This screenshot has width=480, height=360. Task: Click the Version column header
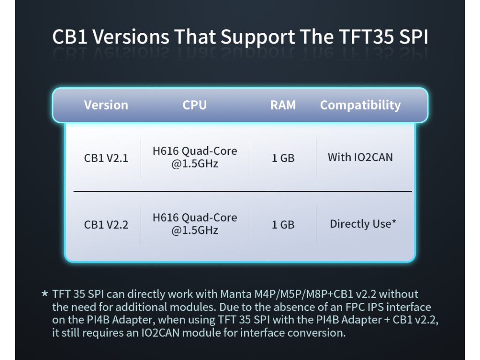click(106, 105)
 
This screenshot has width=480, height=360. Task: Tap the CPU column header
click(195, 105)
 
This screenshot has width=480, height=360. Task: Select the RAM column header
click(283, 105)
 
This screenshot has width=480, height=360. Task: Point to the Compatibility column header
click(360, 105)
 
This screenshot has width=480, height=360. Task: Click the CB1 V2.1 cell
click(106, 158)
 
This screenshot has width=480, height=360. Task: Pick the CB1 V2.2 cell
click(106, 225)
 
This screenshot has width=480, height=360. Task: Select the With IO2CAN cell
click(360, 157)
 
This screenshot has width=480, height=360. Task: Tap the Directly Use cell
click(363, 224)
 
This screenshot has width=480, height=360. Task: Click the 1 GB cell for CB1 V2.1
click(283, 158)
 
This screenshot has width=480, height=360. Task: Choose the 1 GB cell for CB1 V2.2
click(283, 225)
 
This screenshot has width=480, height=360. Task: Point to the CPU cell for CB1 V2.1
click(195, 157)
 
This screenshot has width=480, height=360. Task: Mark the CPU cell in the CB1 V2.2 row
click(195, 224)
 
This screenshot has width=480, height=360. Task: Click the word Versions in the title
click(131, 37)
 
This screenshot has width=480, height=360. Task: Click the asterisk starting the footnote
click(45, 293)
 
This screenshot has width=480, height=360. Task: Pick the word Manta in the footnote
click(236, 294)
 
